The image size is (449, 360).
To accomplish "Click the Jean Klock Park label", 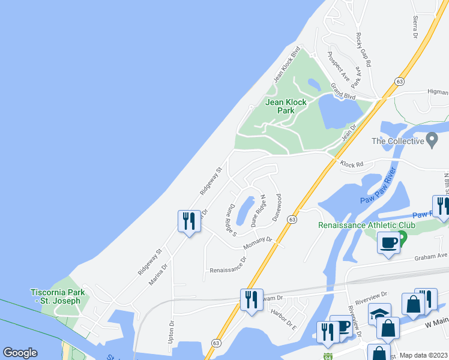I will (286, 106).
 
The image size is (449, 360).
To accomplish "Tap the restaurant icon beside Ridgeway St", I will (189, 221).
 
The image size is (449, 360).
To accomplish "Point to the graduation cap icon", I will (379, 314).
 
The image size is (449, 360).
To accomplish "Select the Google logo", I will (20, 353).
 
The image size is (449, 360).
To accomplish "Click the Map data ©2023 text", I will (424, 355).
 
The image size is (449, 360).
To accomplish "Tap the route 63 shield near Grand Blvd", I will (399, 81).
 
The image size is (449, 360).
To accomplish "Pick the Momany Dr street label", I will (258, 243).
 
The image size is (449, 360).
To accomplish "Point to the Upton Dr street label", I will (172, 331).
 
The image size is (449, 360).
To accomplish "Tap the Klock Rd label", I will (353, 163).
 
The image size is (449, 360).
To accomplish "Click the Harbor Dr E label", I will (284, 319).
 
